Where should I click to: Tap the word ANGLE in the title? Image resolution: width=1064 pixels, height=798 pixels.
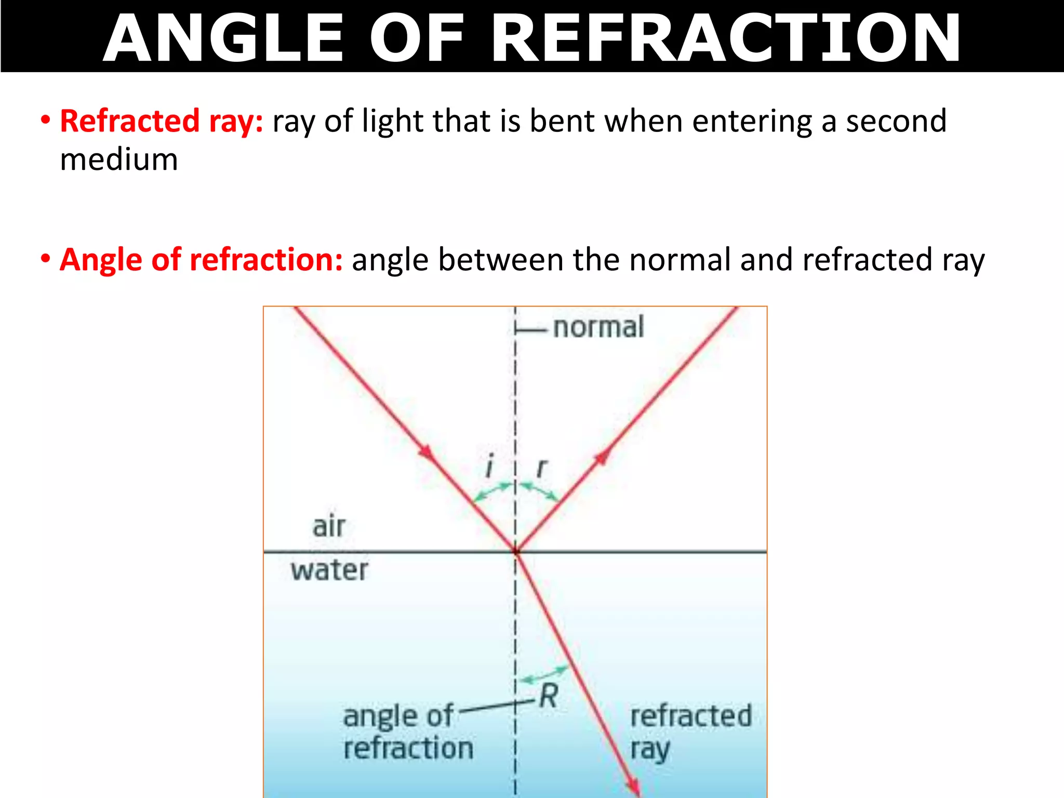223,38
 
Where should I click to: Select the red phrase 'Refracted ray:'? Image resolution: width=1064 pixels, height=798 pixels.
162,122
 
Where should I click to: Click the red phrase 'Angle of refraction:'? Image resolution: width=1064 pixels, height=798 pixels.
201,260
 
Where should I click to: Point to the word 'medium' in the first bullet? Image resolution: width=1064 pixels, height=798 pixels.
119,159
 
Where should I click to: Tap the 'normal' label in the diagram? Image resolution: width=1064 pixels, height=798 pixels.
598,327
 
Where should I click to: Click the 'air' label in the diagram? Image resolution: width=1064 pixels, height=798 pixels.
329,526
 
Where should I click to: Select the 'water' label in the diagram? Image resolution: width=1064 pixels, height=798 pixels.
329,570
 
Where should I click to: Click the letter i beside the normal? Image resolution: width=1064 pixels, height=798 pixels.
488,466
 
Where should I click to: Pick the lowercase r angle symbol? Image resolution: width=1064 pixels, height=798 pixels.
541,468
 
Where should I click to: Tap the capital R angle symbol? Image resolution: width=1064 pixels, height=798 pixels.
549,696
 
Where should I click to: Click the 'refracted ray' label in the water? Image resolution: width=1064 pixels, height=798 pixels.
690,731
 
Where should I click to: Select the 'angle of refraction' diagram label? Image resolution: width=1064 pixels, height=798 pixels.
408,732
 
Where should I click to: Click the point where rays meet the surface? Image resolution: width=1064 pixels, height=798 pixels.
515,551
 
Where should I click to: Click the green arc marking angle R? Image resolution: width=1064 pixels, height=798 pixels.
543,675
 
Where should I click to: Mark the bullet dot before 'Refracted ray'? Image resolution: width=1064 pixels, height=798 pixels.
46,120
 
